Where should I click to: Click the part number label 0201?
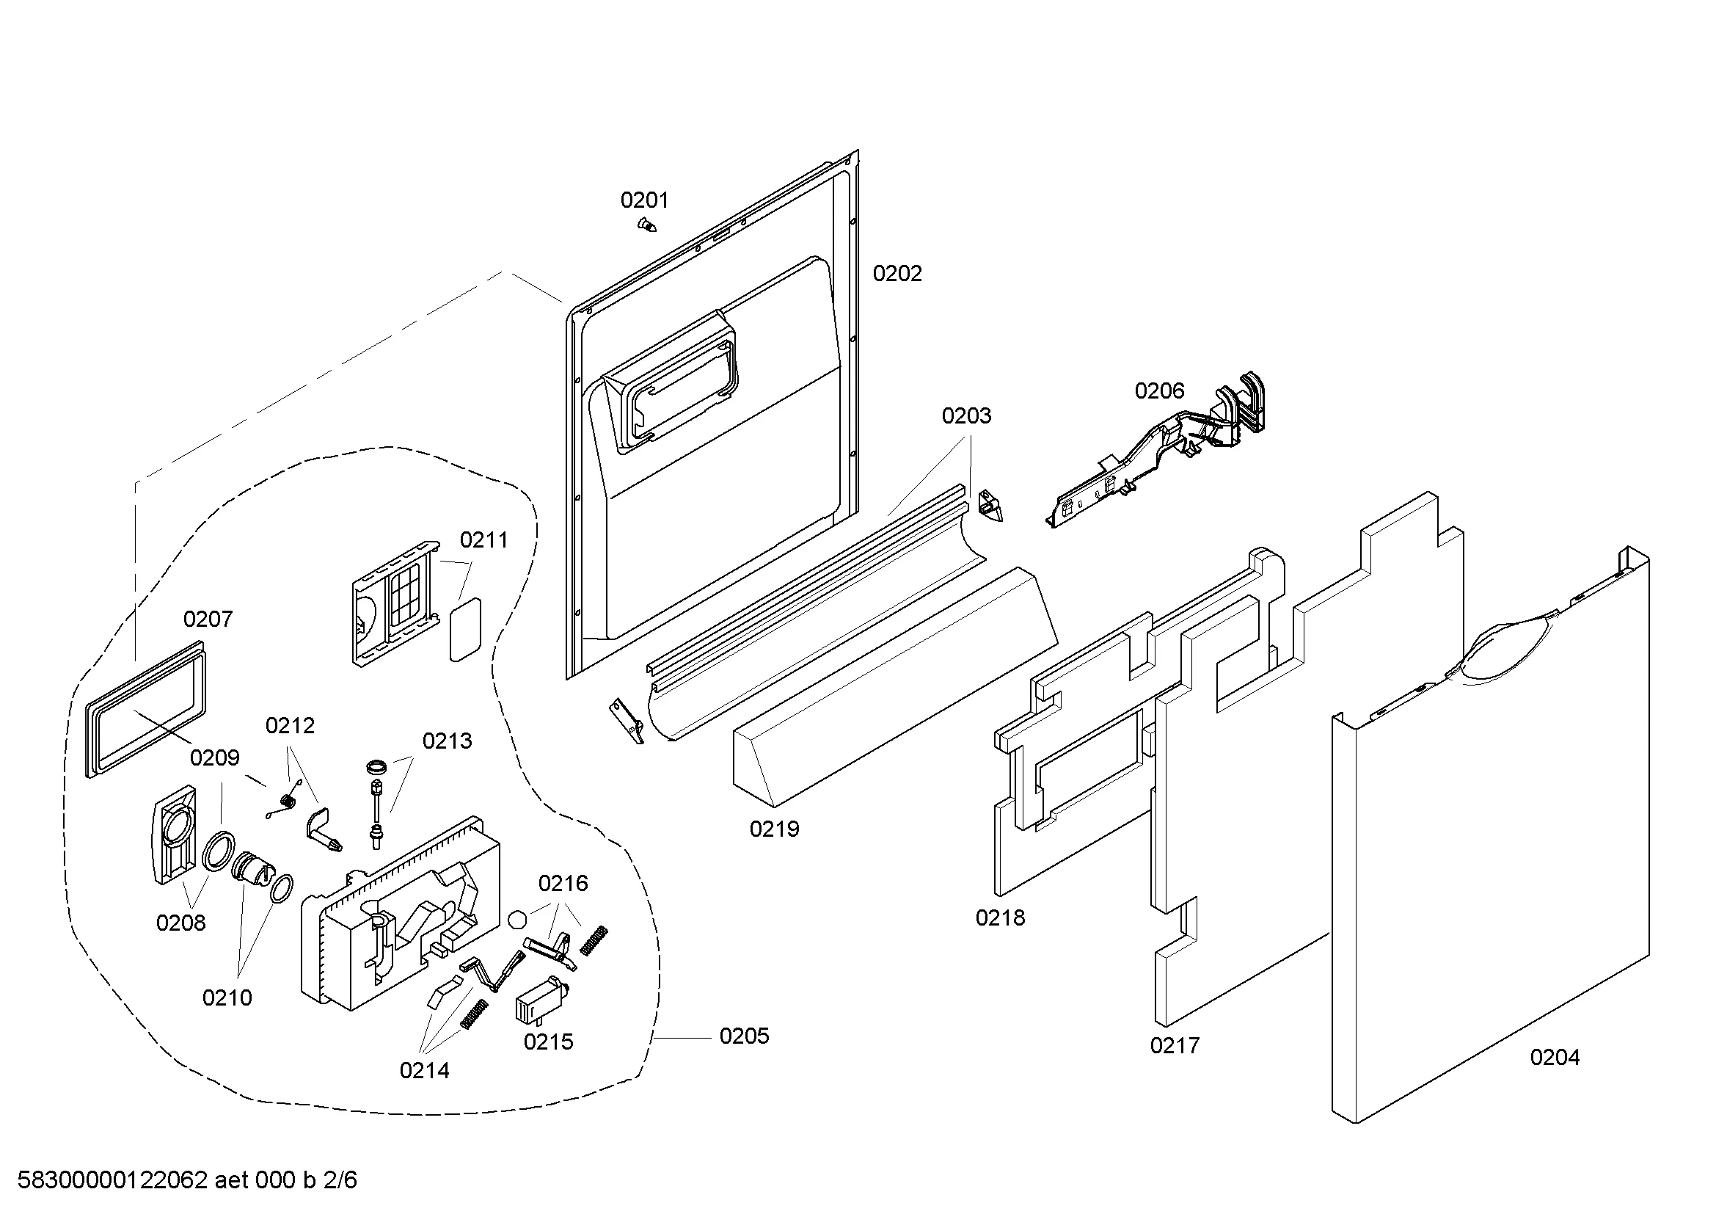644,200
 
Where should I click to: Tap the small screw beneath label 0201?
647,224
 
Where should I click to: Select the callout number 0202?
897,274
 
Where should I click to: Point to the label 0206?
1159,390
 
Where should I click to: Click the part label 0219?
774,828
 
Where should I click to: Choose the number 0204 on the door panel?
1555,1057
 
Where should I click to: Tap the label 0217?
1175,1045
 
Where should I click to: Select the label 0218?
1000,917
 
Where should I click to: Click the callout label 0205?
744,1036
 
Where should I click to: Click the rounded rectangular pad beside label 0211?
465,630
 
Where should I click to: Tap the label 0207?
208,619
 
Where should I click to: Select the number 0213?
447,741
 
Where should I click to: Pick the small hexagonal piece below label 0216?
517,919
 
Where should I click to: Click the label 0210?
227,997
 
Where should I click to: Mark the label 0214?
425,1070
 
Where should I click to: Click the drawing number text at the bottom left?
187,1180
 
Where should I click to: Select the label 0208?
181,923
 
